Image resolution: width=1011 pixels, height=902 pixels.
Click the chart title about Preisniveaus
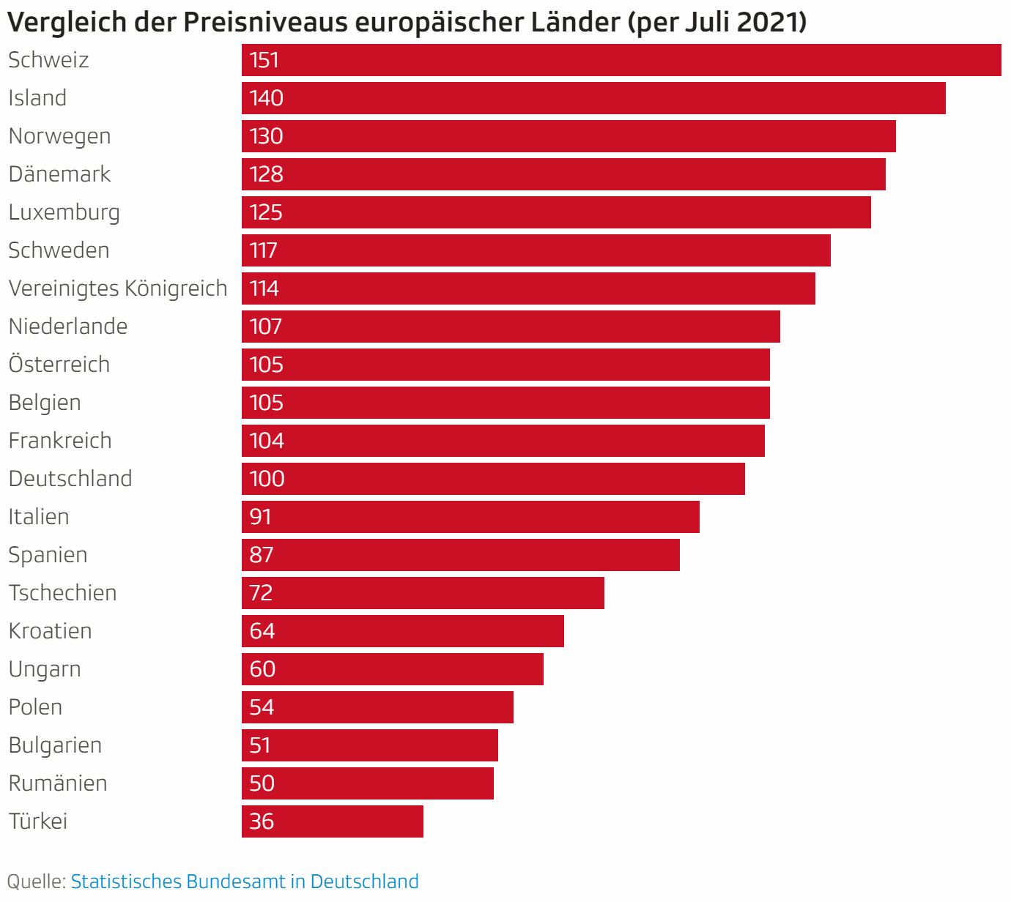407,22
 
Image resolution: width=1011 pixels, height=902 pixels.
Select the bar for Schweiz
621,60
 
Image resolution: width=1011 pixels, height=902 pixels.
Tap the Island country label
37,98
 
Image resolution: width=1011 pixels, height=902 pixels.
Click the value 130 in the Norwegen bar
266,136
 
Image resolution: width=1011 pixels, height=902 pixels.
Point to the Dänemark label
59,174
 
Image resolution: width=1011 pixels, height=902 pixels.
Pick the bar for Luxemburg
556,212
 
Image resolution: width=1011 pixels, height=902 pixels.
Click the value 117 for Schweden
263,250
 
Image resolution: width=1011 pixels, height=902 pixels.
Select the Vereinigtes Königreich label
118,288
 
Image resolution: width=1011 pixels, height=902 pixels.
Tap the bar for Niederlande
511,327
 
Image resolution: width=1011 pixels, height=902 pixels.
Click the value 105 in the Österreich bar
266,365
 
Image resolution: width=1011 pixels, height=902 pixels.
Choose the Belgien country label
45,403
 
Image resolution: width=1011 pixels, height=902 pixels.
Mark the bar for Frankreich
503,441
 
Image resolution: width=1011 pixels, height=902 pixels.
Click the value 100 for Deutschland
267,479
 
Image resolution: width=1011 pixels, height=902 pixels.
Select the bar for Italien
470,517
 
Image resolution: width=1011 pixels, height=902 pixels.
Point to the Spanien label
48,555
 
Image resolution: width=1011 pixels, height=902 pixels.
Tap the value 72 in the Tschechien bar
261,593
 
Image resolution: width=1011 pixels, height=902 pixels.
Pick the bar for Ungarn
393,669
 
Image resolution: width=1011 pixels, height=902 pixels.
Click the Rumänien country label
58,783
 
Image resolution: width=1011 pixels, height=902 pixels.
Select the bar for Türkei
333,821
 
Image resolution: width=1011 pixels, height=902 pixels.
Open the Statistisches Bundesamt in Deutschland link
245,881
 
